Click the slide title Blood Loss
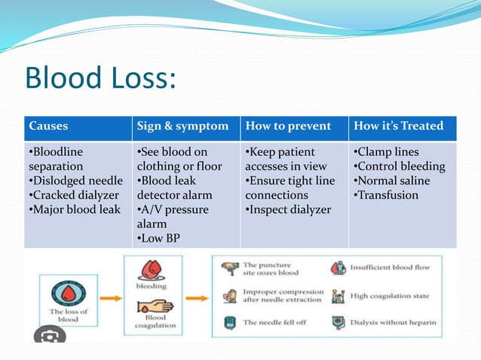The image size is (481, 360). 100,78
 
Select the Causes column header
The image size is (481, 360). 48,126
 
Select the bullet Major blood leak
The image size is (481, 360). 74,209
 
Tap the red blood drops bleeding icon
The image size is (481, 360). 151,270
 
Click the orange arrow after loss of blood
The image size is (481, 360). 110,297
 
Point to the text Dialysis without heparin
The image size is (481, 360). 394,323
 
